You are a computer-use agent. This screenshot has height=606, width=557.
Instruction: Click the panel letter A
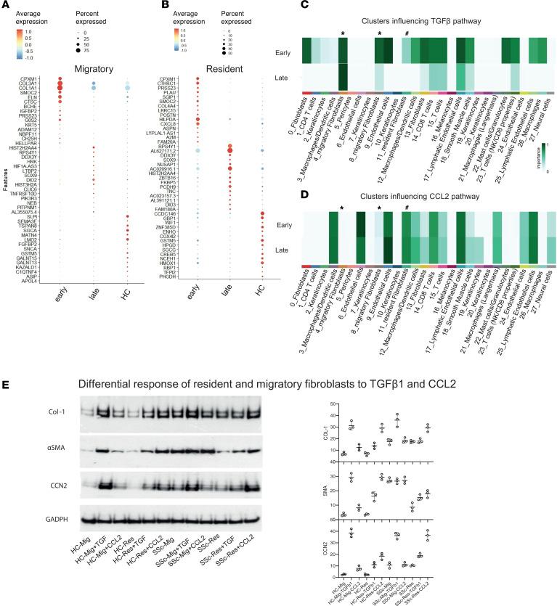point(6,6)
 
